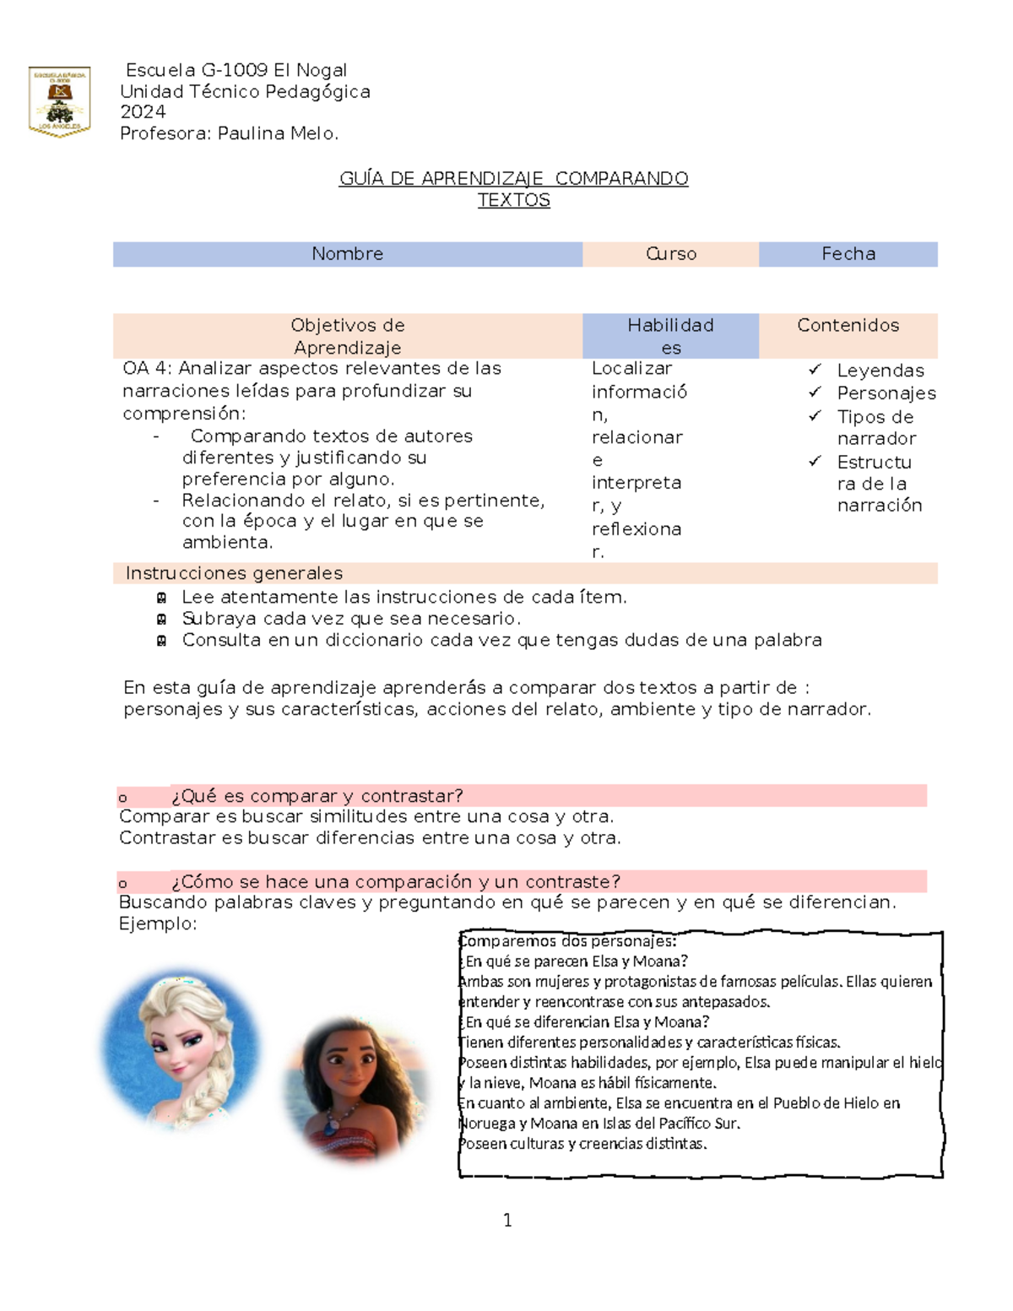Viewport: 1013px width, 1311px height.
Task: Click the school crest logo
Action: click(59, 101)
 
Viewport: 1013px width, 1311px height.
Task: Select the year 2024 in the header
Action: click(143, 112)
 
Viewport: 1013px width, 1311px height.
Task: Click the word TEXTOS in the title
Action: click(513, 200)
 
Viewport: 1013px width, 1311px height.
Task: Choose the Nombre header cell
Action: click(347, 254)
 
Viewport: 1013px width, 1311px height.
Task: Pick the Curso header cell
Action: click(671, 254)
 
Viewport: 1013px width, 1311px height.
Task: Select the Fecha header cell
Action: click(848, 254)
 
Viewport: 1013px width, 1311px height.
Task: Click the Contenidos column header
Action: click(848, 326)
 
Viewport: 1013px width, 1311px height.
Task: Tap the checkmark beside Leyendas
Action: click(815, 370)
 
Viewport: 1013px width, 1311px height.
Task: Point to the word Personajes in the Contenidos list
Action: click(886, 393)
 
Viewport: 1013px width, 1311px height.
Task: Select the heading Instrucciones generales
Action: click(234, 573)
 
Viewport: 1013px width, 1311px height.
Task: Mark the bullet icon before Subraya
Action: click(161, 619)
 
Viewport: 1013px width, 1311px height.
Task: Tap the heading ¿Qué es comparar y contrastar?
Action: click(317, 796)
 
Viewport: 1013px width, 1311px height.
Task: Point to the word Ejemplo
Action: click(157, 924)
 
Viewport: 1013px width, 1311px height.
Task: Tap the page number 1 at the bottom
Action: click(507, 1220)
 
